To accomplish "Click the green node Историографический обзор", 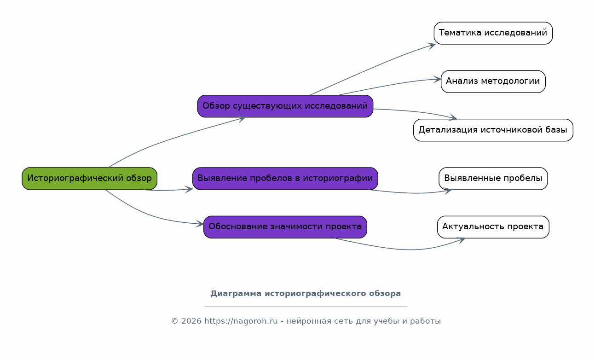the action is (90, 179).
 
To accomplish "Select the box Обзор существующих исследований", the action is (285, 106).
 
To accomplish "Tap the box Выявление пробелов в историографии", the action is (285, 179).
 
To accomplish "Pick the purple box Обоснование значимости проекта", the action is (285, 227).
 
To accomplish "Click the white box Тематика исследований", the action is (493, 33).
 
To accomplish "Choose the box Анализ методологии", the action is (493, 81).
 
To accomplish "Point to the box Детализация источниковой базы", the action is (493, 130).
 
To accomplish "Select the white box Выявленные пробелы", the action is (493, 179).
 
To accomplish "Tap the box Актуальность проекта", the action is (493, 227).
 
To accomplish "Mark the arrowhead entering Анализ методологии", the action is (438, 79).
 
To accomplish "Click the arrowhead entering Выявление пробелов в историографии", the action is (189, 189).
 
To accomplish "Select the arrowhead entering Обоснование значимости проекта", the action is (200, 224).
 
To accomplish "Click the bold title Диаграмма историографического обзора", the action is (306, 294).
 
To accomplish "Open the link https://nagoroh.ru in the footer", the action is (241, 321).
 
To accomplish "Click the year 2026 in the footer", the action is (191, 321).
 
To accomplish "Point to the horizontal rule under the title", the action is (306, 307).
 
